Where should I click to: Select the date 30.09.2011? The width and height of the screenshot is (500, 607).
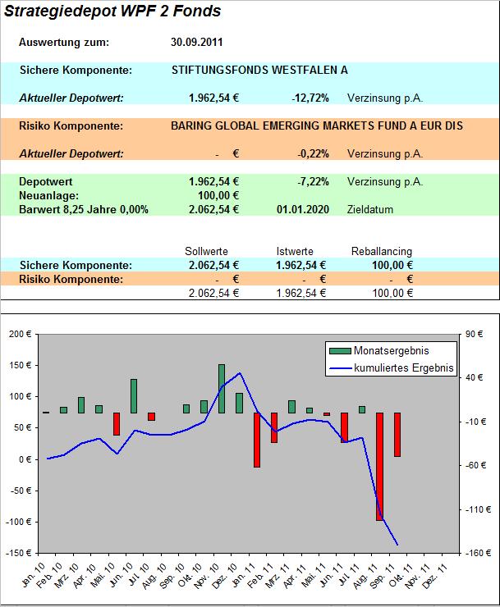[x=197, y=43]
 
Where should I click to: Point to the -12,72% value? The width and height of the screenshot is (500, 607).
[x=310, y=98]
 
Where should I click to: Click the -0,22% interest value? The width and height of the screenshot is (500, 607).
[x=313, y=153]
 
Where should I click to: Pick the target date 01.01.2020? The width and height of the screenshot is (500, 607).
[x=303, y=210]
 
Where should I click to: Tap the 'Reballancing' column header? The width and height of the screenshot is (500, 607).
[x=382, y=251]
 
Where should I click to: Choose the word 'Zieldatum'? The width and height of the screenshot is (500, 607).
[x=370, y=210]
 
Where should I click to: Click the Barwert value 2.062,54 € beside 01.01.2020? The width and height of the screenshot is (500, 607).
[x=213, y=210]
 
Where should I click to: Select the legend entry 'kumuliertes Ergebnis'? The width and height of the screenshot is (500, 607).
[x=404, y=368]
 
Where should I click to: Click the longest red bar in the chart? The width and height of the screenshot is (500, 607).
[x=380, y=467]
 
